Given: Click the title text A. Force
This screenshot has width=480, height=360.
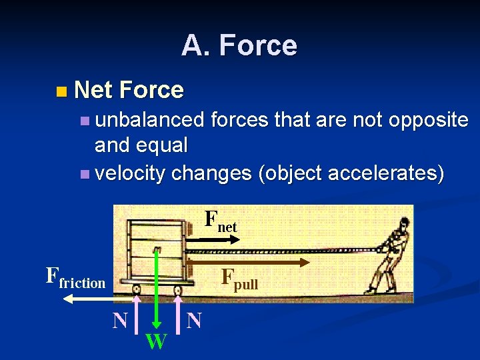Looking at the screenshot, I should click(x=239, y=45).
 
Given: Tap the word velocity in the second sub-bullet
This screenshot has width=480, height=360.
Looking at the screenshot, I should click(x=131, y=173).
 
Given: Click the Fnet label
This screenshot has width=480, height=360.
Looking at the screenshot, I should click(x=220, y=221).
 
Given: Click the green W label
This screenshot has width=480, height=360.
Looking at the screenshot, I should click(x=156, y=341).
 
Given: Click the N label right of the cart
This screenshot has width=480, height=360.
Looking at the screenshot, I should click(x=194, y=321).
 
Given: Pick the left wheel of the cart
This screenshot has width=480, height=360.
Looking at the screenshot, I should click(x=136, y=289).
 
